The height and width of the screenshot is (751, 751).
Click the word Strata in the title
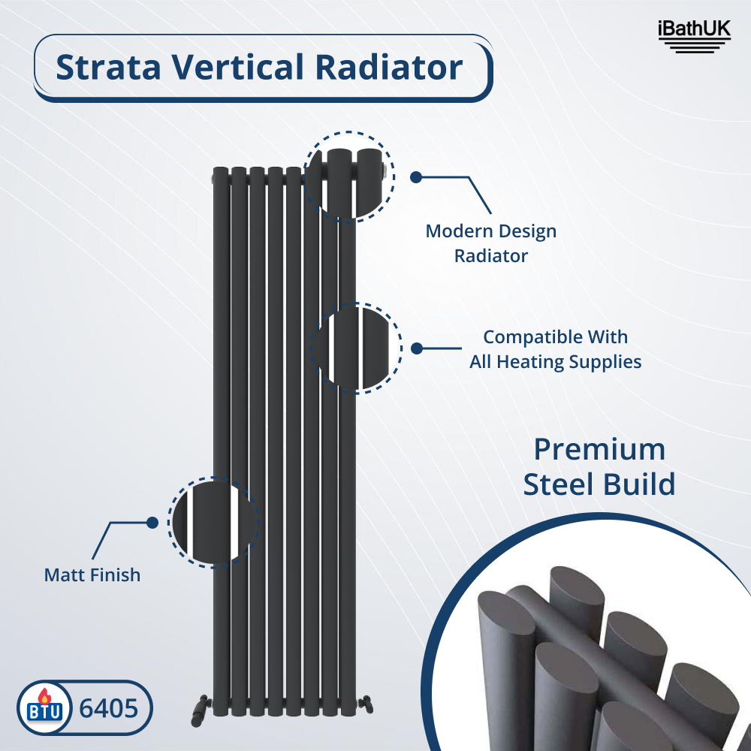[x=109, y=67]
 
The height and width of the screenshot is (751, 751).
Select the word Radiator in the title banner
[x=389, y=67]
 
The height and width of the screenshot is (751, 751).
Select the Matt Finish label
[x=92, y=575]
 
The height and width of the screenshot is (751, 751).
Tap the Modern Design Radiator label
[x=491, y=243]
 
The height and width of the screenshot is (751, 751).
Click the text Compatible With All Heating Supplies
[x=556, y=349]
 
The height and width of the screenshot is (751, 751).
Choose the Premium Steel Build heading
[x=599, y=466]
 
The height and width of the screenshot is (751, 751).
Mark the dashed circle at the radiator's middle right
[x=356, y=348]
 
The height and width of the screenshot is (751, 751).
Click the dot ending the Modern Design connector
[x=415, y=177]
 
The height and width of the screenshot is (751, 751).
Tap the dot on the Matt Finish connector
[x=152, y=522]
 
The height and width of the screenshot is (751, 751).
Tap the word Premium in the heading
[x=599, y=449]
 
